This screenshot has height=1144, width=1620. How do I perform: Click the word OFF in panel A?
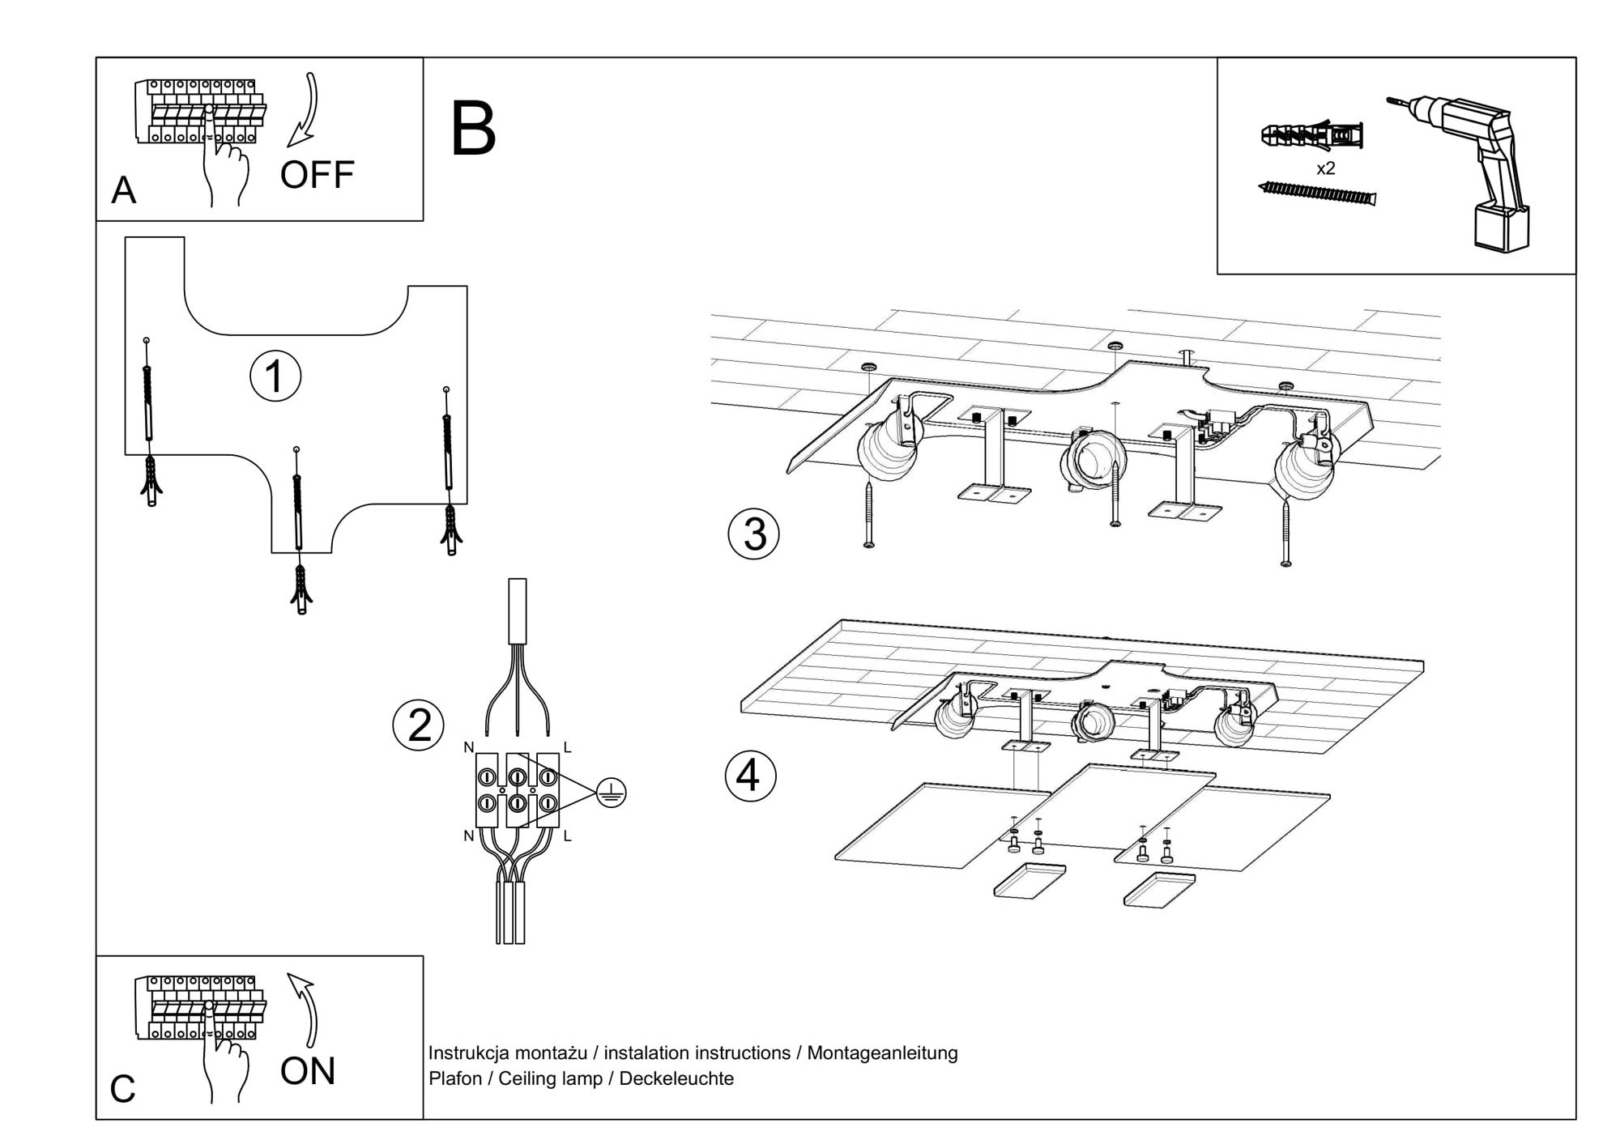tap(317, 175)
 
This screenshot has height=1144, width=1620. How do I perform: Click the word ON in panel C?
tap(307, 1071)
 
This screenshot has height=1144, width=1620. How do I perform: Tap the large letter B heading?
tap(473, 129)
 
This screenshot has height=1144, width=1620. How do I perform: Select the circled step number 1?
tap(275, 376)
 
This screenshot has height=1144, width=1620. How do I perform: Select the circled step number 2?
tap(418, 725)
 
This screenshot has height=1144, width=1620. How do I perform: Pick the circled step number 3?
tap(753, 534)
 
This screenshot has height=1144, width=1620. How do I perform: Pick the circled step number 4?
tap(750, 776)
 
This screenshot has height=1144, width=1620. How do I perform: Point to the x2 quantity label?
tap(1325, 168)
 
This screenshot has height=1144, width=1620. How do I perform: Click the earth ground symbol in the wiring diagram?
tap(611, 793)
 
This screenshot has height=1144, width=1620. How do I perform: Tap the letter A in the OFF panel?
tap(123, 191)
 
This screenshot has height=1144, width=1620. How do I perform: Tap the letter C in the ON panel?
tap(122, 1089)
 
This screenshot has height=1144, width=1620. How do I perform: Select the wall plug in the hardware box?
tap(1312, 135)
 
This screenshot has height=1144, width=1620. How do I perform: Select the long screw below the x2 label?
tap(1317, 193)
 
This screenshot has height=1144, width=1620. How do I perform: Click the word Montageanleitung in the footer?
tap(882, 1053)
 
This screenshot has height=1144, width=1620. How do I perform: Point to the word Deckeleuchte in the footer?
tap(676, 1078)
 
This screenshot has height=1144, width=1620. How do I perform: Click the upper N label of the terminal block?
tap(468, 747)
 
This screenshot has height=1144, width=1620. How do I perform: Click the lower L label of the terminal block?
tap(567, 836)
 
